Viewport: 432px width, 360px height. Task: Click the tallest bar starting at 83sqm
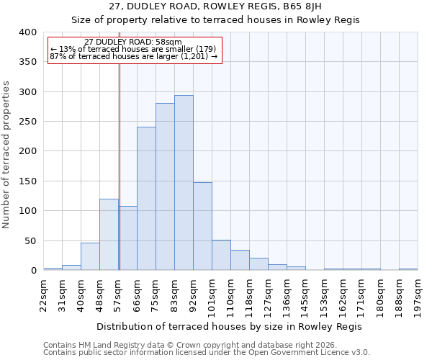(184, 183)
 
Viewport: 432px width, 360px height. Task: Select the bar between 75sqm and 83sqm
(165, 187)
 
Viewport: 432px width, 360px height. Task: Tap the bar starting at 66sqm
(146, 199)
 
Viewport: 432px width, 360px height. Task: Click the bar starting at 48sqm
(109, 235)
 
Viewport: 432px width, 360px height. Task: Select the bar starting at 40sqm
(90, 256)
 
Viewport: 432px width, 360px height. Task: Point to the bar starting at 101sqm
(221, 255)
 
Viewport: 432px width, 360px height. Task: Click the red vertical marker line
(119, 166)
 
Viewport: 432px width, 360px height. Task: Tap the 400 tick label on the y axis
(27, 32)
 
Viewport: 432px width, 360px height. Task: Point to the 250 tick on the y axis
(27, 122)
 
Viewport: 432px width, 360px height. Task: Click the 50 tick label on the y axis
(30, 240)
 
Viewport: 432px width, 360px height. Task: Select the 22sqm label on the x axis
(44, 294)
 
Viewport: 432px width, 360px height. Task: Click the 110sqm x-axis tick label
(231, 296)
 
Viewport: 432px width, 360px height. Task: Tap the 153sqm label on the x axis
(325, 296)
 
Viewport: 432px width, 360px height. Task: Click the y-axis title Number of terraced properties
(7, 154)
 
